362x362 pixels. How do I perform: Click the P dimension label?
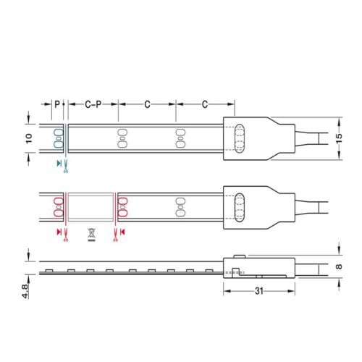point(57,105)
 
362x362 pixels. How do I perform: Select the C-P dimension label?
point(92,105)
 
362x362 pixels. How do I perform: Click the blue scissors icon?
point(66,164)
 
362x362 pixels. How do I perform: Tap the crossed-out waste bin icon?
point(91,233)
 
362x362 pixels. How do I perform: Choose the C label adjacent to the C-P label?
point(147,105)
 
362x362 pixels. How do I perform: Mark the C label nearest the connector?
point(205,105)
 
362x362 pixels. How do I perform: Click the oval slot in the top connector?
point(240,137)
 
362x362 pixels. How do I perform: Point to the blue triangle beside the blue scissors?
point(58,164)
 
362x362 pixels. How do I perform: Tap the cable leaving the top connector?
point(311,137)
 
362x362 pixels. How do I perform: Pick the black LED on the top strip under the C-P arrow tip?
point(122,137)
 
